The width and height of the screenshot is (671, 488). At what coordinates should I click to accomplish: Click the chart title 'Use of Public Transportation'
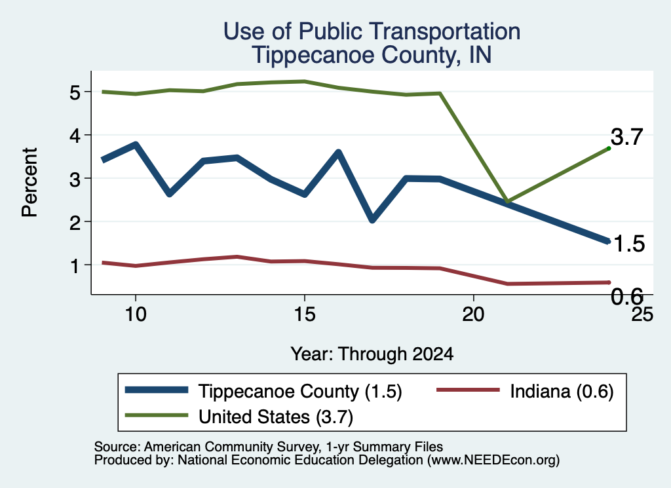[372, 31]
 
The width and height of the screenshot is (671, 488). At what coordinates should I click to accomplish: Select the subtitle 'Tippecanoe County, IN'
[372, 55]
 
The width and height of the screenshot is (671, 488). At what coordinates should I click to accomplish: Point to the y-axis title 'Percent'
[29, 182]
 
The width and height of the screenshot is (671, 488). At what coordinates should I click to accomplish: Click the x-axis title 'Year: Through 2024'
[372, 354]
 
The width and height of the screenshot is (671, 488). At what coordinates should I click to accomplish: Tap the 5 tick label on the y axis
[75, 92]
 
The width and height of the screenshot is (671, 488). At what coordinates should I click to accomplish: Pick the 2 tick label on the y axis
[75, 222]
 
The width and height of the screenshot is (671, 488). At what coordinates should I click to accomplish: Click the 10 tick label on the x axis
[136, 314]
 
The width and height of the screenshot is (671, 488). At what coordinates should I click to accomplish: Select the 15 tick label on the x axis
[305, 314]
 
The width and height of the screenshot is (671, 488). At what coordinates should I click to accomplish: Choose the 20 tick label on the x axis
[473, 314]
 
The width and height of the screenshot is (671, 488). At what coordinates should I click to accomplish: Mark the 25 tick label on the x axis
[642, 314]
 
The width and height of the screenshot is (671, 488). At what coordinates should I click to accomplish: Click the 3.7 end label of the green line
[627, 137]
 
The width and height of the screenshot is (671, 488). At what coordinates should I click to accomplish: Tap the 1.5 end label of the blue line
[629, 244]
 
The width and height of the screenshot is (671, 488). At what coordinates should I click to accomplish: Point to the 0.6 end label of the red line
[627, 296]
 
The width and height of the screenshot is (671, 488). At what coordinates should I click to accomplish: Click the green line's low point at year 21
[507, 201]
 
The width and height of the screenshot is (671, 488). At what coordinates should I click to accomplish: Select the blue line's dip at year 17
[372, 219]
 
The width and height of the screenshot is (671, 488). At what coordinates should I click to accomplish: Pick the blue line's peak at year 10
[136, 145]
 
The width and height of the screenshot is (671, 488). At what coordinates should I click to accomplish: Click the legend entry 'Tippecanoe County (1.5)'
[263, 391]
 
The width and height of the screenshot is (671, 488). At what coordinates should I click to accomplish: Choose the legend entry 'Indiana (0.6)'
[525, 390]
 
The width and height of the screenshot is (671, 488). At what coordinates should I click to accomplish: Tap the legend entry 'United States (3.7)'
[239, 417]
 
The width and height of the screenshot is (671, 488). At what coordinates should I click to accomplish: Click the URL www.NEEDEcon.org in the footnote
[493, 460]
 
